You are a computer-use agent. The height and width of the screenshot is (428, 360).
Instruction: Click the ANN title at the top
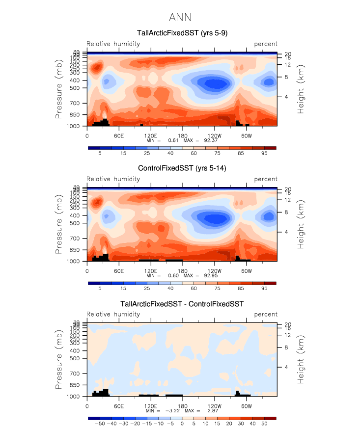(x=180, y=18)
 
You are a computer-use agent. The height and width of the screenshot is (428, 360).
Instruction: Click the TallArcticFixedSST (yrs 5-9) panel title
(x=182, y=33)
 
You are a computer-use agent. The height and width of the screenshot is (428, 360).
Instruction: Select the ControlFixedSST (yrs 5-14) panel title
(x=182, y=168)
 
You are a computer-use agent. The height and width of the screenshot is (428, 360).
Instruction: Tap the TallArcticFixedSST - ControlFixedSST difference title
(x=182, y=304)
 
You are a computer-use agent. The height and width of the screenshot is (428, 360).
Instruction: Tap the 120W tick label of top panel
(x=214, y=135)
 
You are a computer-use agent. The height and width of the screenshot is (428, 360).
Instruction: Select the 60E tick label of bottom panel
(x=118, y=406)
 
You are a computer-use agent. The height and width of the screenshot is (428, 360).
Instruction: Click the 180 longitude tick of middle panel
(x=182, y=271)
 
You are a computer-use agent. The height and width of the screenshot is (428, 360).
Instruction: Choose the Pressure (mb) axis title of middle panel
(x=59, y=224)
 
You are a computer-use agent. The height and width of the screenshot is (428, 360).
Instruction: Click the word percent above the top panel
(x=266, y=44)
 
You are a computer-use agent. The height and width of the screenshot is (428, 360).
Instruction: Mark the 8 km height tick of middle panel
(x=286, y=212)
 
